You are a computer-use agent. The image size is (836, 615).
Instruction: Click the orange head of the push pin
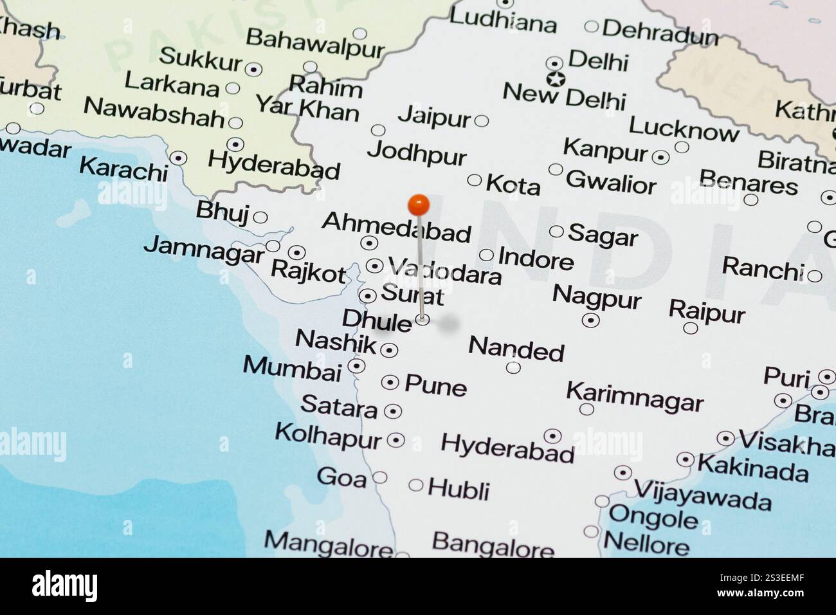tap(419, 205)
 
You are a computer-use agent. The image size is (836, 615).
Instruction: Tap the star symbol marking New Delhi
tap(555, 79)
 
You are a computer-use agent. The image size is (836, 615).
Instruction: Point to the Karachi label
tap(123, 169)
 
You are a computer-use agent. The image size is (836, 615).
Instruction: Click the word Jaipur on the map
tap(435, 117)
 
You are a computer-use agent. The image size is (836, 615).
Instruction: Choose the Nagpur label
tap(596, 297)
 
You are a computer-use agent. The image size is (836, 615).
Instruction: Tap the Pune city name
tap(435, 385)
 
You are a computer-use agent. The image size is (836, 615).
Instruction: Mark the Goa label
tap(341, 477)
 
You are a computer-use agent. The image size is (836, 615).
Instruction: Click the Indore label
tap(535, 259)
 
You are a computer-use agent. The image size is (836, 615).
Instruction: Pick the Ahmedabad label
tap(396, 226)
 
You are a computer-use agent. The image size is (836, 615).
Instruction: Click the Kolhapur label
tap(328, 436)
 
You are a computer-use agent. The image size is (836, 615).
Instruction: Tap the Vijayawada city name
tap(702, 494)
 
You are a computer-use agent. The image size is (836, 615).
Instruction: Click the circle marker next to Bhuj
tap(260, 217)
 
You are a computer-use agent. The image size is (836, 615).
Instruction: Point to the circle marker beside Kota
tap(475, 180)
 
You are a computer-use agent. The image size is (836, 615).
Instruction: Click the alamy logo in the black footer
tap(64, 586)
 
